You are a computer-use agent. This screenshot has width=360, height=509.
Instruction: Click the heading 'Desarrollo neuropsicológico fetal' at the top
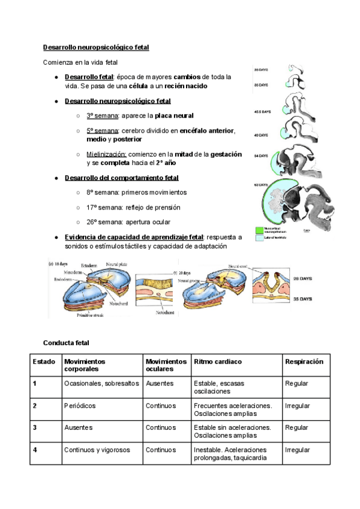point(96,47)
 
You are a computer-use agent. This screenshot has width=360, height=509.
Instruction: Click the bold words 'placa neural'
point(174,115)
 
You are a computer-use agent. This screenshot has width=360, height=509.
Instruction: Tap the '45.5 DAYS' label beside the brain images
point(262,112)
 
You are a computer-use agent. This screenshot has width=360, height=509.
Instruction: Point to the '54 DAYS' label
point(260,156)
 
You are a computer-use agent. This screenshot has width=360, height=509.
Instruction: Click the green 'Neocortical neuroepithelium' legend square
point(259,229)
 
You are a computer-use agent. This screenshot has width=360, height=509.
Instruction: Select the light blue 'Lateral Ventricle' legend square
point(259,238)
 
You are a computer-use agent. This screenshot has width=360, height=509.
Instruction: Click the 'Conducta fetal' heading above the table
point(66,343)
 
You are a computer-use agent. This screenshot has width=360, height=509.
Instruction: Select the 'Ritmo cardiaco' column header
point(218,362)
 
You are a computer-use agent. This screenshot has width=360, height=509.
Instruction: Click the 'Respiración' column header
point(304,362)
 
